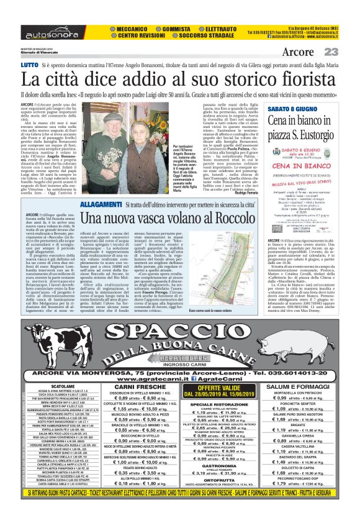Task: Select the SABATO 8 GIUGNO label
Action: coord(287,109)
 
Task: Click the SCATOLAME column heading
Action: coord(64,386)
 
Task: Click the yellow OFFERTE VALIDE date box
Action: coord(220,391)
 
